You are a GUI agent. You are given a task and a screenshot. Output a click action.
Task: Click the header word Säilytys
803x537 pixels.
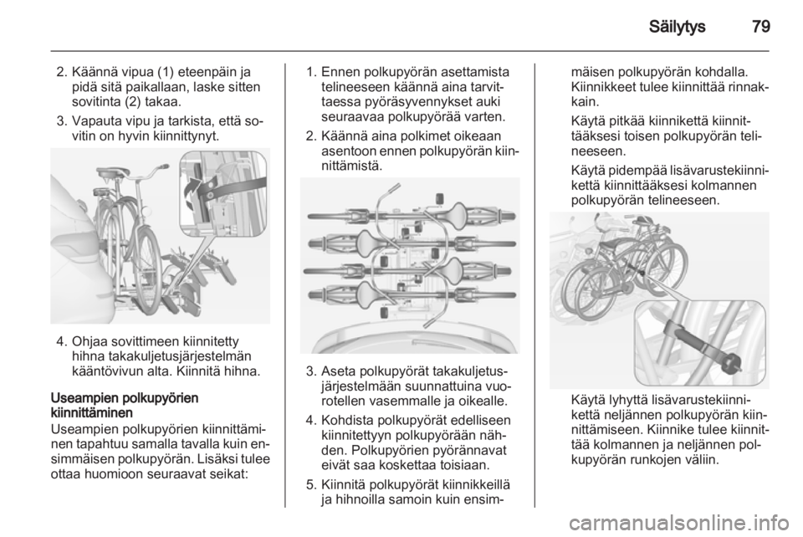(677, 27)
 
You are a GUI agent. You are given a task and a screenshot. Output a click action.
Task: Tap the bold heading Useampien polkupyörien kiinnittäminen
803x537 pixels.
(125, 405)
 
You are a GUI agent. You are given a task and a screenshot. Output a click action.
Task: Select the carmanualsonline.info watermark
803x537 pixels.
(682, 524)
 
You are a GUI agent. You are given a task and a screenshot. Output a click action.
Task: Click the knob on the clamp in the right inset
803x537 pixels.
(732, 363)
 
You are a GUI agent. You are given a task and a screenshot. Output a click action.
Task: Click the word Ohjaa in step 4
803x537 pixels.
(90, 341)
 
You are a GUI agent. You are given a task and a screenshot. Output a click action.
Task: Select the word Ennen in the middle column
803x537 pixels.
(341, 71)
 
